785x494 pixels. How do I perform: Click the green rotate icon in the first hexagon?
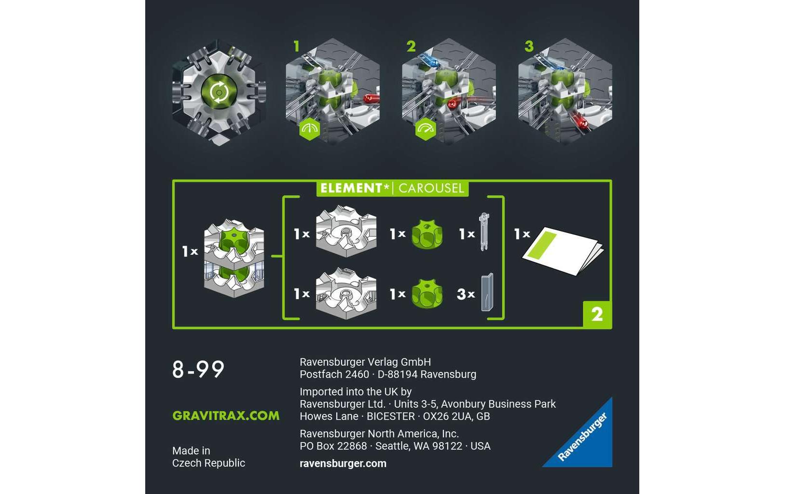pos(219,92)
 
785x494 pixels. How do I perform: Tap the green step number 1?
pos(296,46)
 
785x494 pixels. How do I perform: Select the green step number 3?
pos(529,46)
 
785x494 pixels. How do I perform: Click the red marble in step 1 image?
pos(371,99)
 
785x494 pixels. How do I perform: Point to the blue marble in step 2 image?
pos(431,63)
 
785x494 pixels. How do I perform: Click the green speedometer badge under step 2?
pos(426,129)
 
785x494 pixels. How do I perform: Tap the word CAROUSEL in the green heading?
pos(431,188)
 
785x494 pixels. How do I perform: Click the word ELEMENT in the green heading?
pos(351,188)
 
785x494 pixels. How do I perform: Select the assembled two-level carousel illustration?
pos(234,258)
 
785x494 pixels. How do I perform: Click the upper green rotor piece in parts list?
pos(427,234)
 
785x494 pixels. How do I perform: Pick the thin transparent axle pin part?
pos(484,232)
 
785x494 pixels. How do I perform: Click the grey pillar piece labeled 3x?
pos(487,292)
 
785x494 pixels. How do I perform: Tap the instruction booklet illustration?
pos(563,250)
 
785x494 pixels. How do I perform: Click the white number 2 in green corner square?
pos(597,315)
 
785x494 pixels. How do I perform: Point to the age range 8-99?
pos(198,370)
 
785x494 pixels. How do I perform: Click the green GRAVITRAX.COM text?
pos(226,416)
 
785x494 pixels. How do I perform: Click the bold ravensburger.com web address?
pos(343,464)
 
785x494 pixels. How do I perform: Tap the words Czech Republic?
pos(208,463)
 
